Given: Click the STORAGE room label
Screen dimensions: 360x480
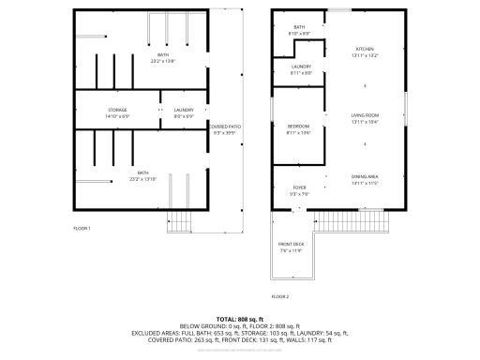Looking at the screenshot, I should (x=117, y=110).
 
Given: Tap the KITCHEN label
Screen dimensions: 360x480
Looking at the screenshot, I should (x=365, y=49).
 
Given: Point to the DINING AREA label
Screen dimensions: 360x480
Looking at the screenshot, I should (x=365, y=176).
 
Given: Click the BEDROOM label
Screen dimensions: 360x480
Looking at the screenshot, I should (x=298, y=126).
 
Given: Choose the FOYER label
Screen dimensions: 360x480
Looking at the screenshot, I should (x=299, y=187).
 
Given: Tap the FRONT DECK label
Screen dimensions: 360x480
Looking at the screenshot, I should (x=292, y=246).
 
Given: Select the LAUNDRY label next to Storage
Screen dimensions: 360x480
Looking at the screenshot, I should (x=184, y=110).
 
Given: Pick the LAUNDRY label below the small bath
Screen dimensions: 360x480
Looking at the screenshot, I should (x=301, y=67).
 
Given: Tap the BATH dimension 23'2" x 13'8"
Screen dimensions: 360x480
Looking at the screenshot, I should (x=163, y=60).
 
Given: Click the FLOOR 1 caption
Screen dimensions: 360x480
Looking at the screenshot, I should (x=82, y=228).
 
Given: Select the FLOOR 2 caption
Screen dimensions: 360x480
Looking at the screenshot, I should (x=280, y=296).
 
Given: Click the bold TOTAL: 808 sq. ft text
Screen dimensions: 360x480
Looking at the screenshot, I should (x=240, y=320).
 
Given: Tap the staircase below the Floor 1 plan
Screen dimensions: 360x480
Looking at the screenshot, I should (x=180, y=223).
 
